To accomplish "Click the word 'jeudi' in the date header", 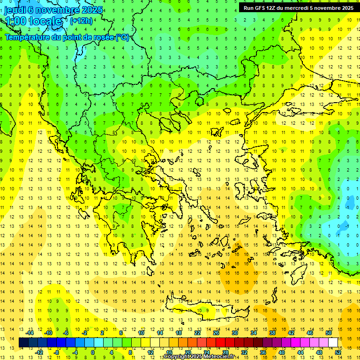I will pos(15,10).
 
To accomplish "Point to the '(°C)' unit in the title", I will pos(121,37).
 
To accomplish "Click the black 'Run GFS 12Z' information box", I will pos(299,7).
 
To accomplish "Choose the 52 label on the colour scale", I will pos(338,352).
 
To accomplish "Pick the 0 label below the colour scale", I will pos(93,352).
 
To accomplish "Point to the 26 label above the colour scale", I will pos(216,333).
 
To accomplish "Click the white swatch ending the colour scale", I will pos(333,343).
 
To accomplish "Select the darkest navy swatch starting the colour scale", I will pos(23,343).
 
